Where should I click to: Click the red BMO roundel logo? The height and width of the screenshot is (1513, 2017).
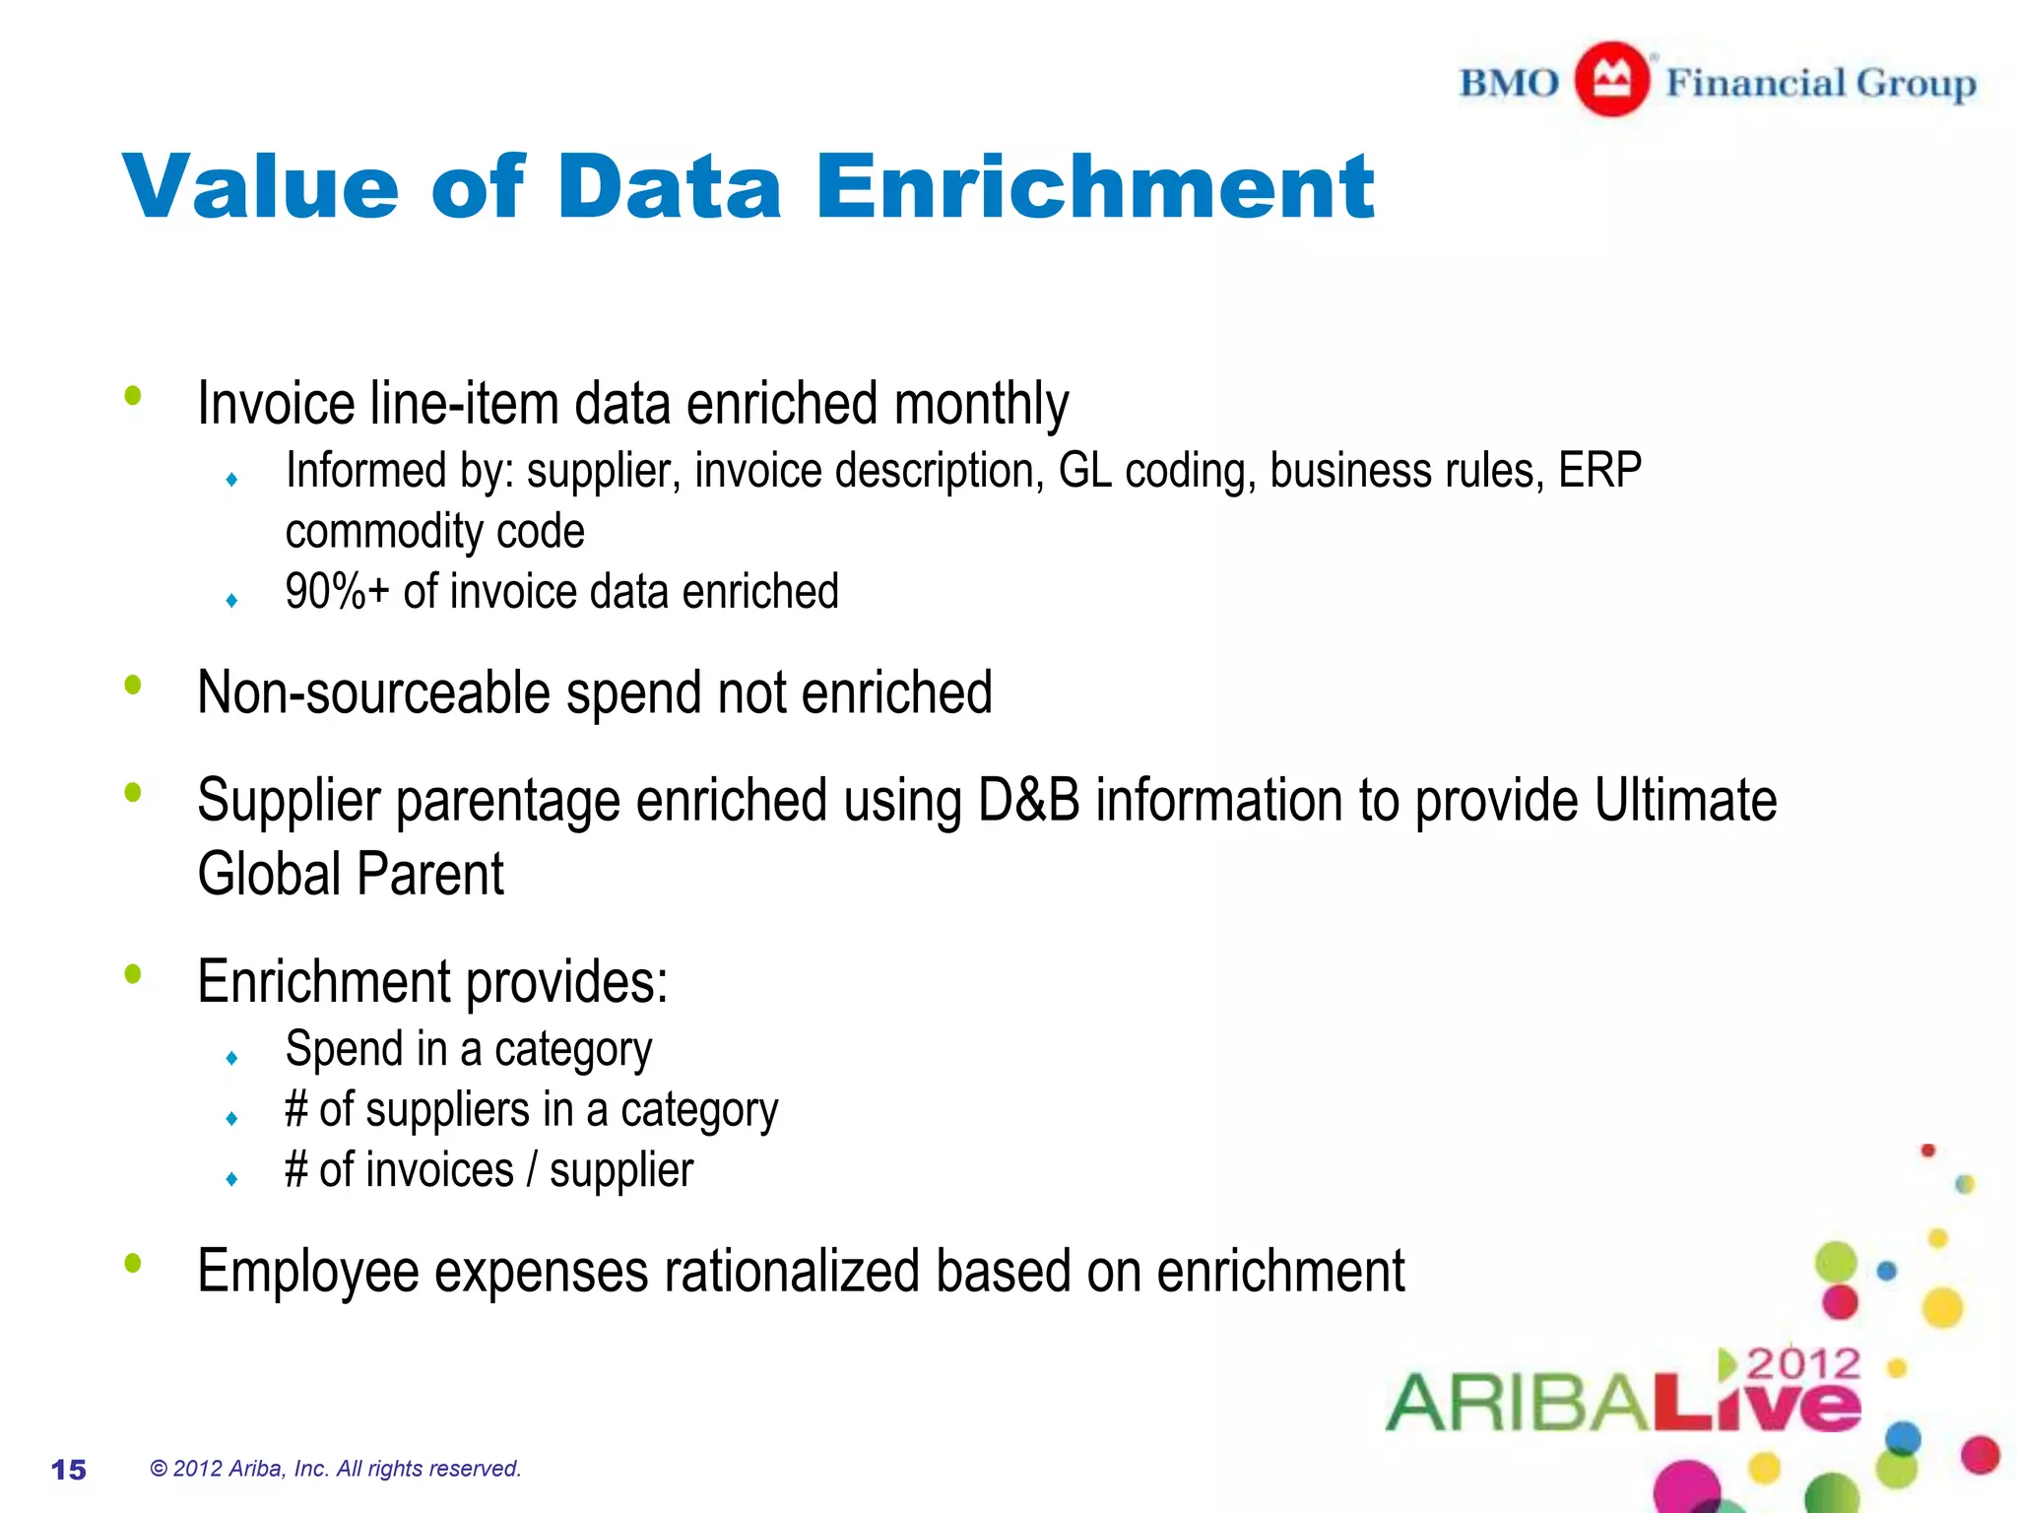(1611, 80)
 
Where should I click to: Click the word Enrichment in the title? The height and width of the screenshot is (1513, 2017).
(1094, 187)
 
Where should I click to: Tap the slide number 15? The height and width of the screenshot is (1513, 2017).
(69, 1470)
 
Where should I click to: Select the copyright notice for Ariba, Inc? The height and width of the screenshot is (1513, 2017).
(335, 1469)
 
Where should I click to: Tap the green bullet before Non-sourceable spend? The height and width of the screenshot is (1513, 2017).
(133, 685)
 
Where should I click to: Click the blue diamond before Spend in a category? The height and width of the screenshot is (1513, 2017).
(231, 1059)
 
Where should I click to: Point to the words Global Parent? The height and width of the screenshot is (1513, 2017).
(351, 875)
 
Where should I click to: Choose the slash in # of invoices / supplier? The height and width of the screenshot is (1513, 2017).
(532, 1171)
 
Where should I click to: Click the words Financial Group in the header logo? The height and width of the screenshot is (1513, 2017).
(1820, 83)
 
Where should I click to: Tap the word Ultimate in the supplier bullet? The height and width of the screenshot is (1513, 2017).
(1685, 800)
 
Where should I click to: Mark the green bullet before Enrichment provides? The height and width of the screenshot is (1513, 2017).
(133, 974)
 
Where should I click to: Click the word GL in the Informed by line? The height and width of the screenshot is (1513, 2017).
(1084, 471)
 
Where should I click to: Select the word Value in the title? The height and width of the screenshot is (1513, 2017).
(261, 187)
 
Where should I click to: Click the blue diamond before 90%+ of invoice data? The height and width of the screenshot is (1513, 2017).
(231, 601)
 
